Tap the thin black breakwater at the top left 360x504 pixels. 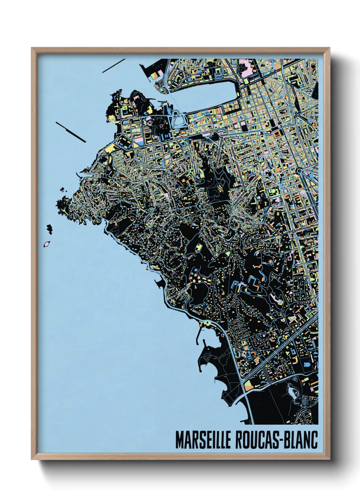[x=114, y=66]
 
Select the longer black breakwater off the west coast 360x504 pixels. [x=70, y=131]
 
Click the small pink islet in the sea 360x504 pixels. [x=47, y=244]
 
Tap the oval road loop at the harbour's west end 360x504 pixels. [x=179, y=119]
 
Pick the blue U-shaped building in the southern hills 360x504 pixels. [x=252, y=282]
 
